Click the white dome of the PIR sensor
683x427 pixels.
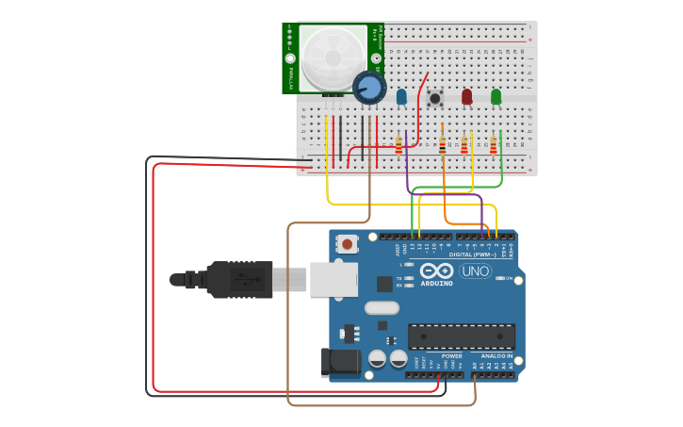331,57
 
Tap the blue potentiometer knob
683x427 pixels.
369,87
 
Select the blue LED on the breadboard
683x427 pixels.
401,96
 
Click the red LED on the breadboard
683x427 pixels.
466,96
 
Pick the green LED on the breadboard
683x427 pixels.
496,96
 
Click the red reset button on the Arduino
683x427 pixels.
348,244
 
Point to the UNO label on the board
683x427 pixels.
475,271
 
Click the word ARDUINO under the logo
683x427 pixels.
436,283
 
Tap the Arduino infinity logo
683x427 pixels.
437,271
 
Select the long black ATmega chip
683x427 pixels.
461,337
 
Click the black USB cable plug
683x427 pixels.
240,279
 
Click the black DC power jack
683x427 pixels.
340,363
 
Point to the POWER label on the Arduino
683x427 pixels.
451,355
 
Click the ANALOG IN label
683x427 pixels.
497,355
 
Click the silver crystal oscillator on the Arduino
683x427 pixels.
382,307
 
